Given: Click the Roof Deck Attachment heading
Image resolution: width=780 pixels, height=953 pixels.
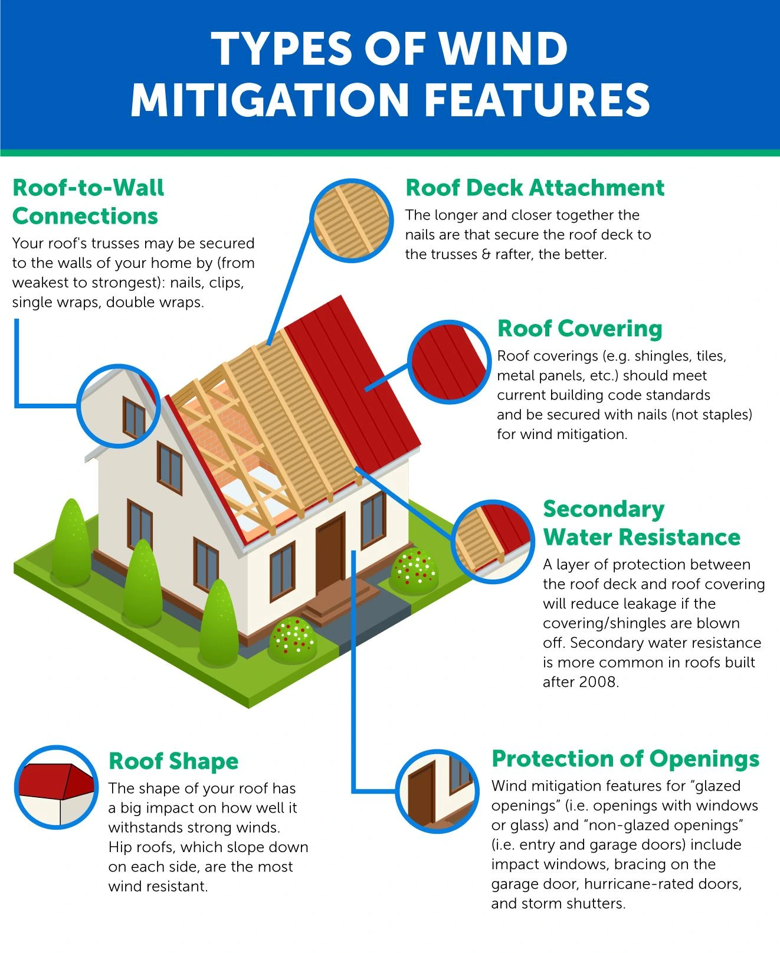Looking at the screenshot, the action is tap(535, 188).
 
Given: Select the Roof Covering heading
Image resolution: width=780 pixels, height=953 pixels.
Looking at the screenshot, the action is tap(579, 329).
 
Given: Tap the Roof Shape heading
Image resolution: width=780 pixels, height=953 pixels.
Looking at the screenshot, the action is tap(173, 761).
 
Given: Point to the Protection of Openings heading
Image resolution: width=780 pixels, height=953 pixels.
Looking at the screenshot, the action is tap(625, 759).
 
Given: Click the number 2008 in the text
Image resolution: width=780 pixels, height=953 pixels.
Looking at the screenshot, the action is tap(598, 682).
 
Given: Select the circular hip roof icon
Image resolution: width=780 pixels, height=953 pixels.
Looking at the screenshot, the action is tap(56, 787).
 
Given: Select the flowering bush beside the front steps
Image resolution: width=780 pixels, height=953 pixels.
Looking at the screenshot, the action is tap(293, 641).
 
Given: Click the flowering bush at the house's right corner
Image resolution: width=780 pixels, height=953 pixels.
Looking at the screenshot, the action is tap(414, 571).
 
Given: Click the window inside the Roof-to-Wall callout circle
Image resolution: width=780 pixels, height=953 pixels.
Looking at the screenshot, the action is tap(134, 417).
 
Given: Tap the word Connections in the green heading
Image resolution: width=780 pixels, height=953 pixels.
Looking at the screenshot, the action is tap(85, 216).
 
